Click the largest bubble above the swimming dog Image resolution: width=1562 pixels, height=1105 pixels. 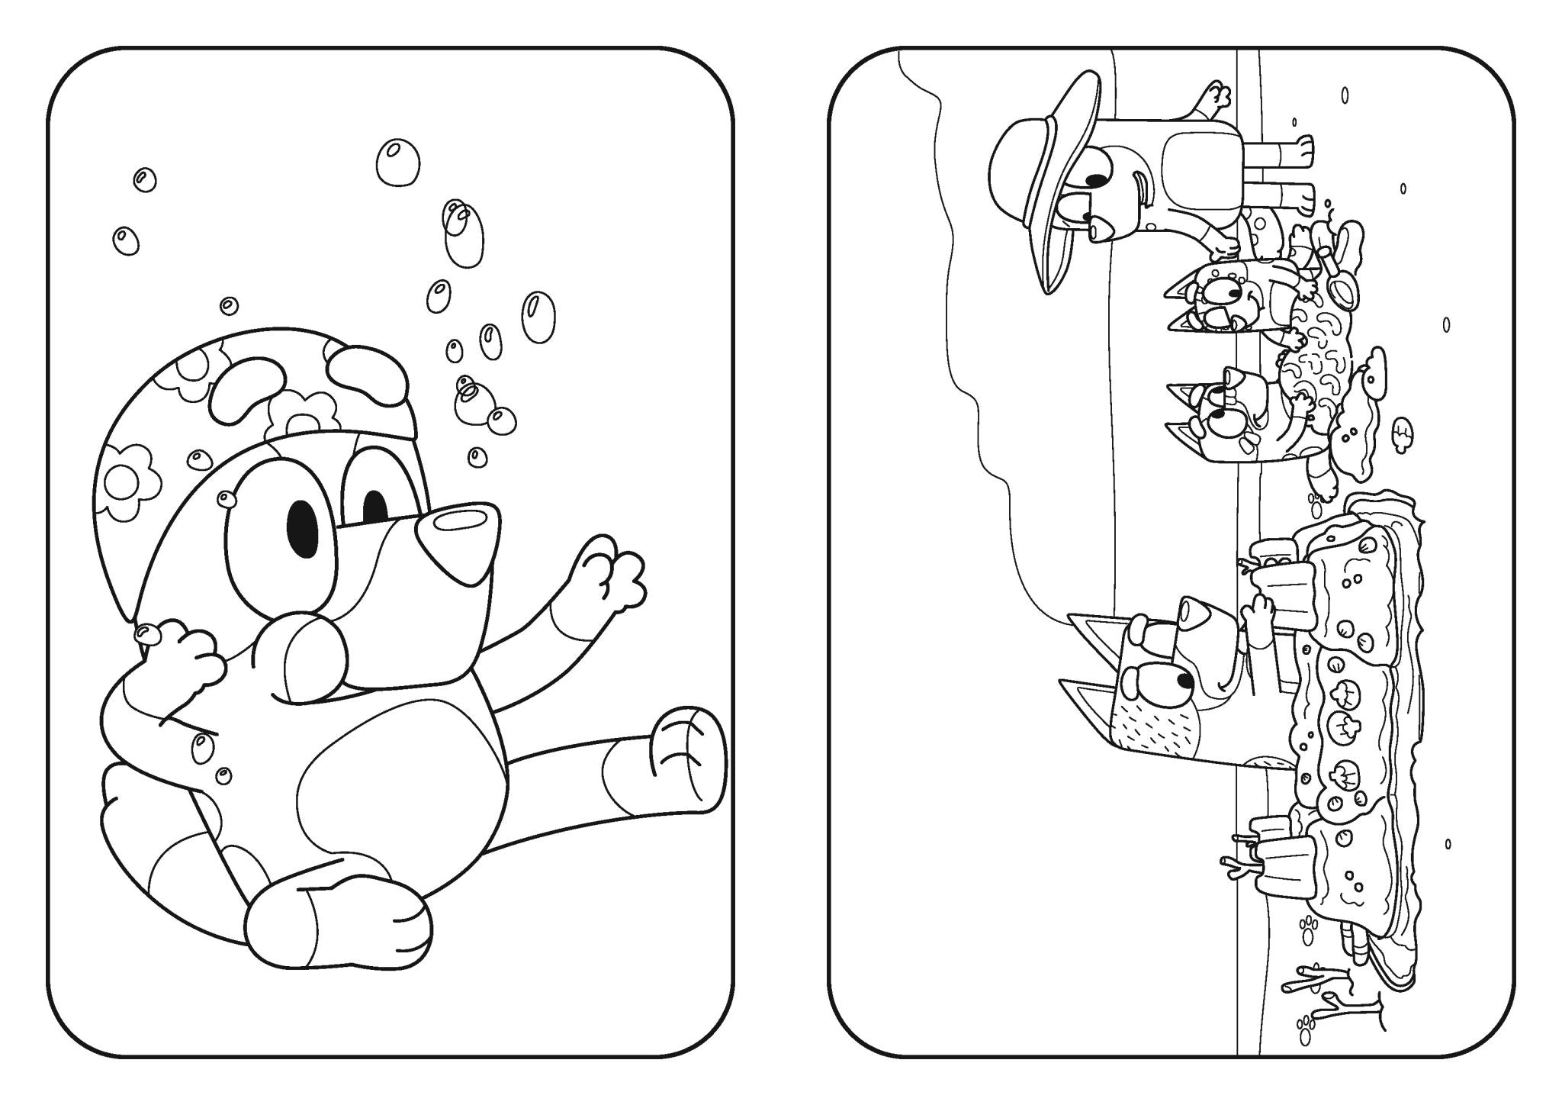[x=398, y=162]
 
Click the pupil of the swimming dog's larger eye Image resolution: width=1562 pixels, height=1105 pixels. [x=304, y=528]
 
